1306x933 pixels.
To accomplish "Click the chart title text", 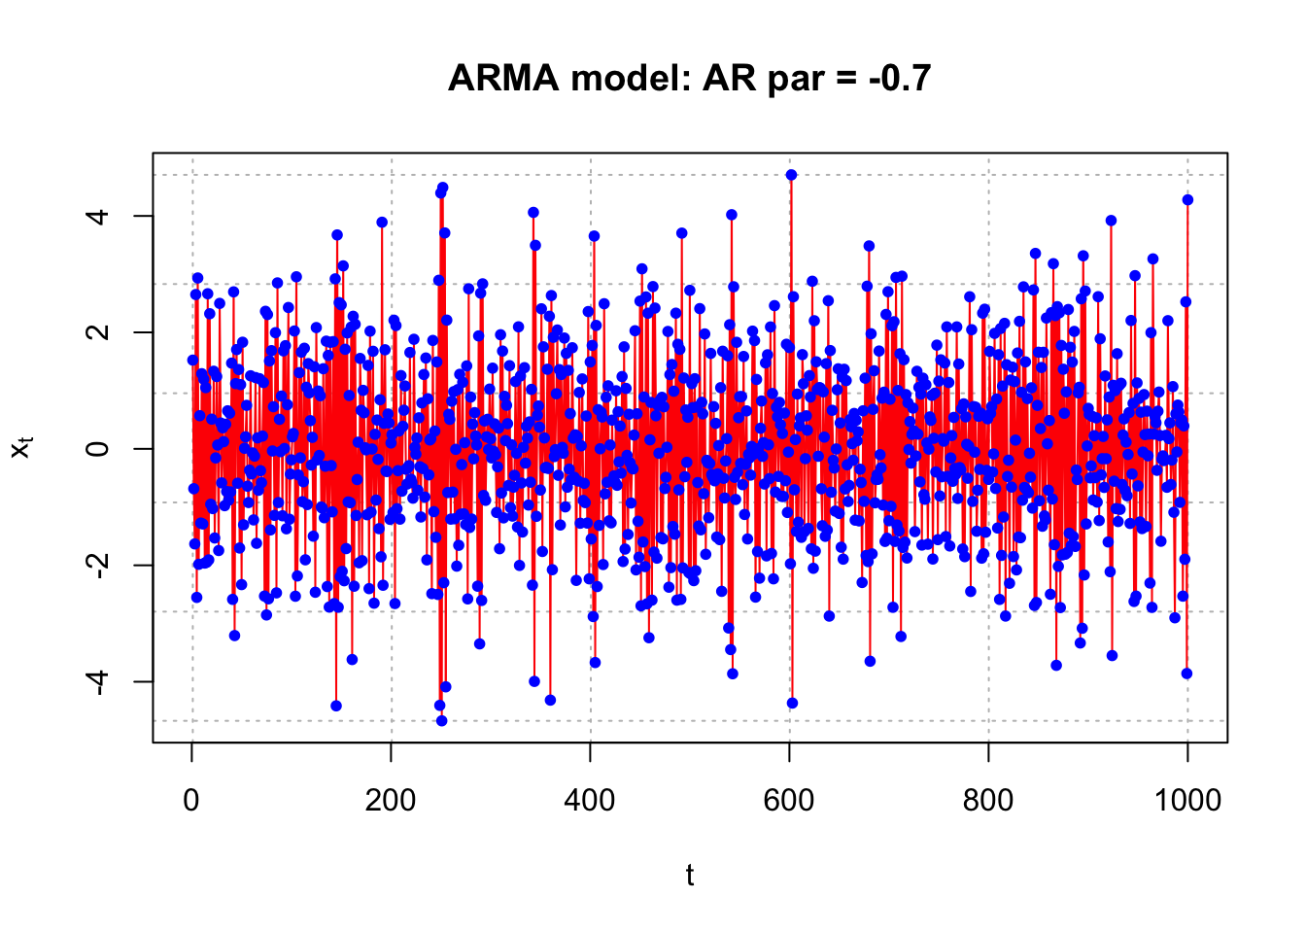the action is tap(689, 78).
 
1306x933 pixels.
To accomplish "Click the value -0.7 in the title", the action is tap(900, 78).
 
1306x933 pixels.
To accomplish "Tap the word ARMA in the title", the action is tap(503, 78).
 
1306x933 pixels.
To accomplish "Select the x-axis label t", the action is tap(690, 876).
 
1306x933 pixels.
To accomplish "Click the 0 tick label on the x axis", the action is tap(191, 800).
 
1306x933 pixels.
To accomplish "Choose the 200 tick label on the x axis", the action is tap(391, 800).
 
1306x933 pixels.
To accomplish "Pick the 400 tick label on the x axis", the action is tap(590, 800).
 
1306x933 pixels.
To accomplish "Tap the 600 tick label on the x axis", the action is tap(789, 800).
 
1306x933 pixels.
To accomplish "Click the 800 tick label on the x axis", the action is tap(988, 800).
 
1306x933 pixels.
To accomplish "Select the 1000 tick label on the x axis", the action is tap(1187, 800).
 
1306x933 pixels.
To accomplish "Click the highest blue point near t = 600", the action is tap(791, 175).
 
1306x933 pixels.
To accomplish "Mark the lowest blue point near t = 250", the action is tap(441, 721).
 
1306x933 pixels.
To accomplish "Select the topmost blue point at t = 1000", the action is tap(1187, 200).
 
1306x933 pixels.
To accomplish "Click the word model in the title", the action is tap(632, 78).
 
